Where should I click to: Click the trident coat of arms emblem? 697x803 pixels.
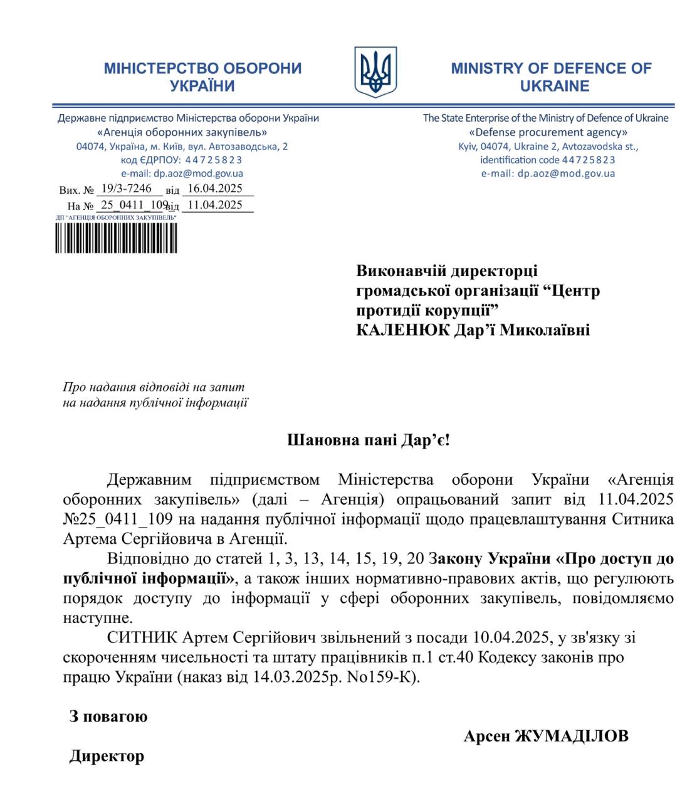pyautogui.click(x=375, y=72)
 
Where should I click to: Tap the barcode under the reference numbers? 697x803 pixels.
pyautogui.click(x=116, y=238)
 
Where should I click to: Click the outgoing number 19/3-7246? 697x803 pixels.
pyautogui.click(x=127, y=188)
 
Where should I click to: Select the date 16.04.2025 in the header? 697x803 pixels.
pyautogui.click(x=215, y=188)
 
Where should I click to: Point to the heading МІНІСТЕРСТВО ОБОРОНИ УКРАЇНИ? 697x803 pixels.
pyautogui.click(x=202, y=77)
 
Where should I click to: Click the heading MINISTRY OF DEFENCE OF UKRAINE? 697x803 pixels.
pyautogui.click(x=551, y=77)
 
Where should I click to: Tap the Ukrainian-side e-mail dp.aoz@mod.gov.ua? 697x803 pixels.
pyautogui.click(x=199, y=174)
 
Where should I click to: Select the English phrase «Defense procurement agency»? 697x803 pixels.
pyautogui.click(x=548, y=132)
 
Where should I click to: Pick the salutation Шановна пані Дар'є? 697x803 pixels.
pyautogui.click(x=369, y=440)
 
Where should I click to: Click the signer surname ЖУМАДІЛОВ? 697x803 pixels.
pyautogui.click(x=571, y=736)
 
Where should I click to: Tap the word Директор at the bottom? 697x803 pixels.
pyautogui.click(x=107, y=756)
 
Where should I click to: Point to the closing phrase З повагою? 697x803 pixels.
pyautogui.click(x=108, y=716)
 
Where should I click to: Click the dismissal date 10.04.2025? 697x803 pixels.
pyautogui.click(x=511, y=637)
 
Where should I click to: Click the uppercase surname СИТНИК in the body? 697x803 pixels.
pyautogui.click(x=142, y=637)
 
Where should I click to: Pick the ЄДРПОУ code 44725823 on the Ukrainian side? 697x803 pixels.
pyautogui.click(x=214, y=160)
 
